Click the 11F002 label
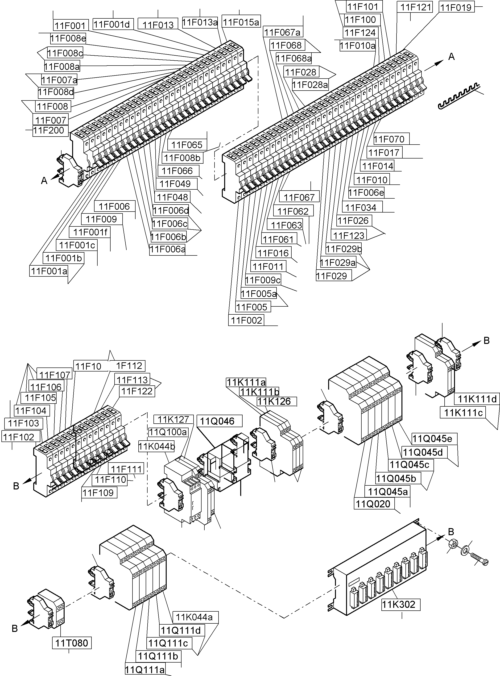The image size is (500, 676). [246, 320]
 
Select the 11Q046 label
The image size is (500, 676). [217, 421]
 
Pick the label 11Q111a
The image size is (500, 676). [145, 670]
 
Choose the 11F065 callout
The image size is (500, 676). [187, 145]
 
